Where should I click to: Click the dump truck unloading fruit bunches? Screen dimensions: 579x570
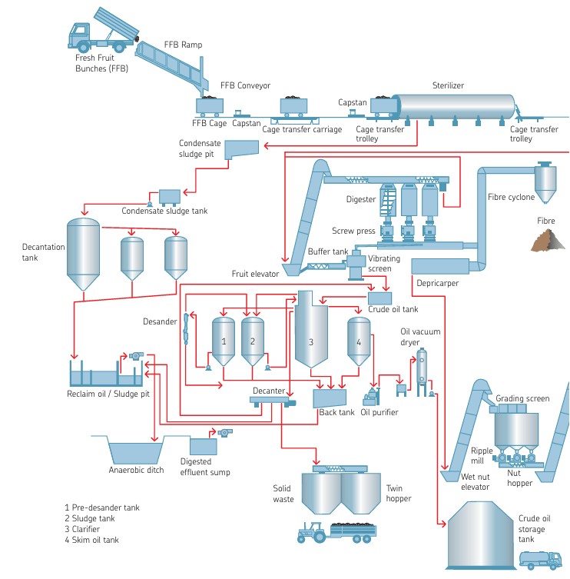point(100,31)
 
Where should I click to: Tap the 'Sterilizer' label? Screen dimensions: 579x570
point(448,85)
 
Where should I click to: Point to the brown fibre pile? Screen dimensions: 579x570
point(548,241)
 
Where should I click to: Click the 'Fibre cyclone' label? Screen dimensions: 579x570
point(511,198)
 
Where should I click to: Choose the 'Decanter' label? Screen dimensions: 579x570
point(269,391)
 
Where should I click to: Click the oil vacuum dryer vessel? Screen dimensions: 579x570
point(421,368)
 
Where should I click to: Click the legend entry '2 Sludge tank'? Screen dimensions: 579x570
point(90,518)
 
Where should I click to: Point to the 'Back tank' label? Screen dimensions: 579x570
point(336,412)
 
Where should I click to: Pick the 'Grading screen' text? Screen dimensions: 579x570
point(522,398)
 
